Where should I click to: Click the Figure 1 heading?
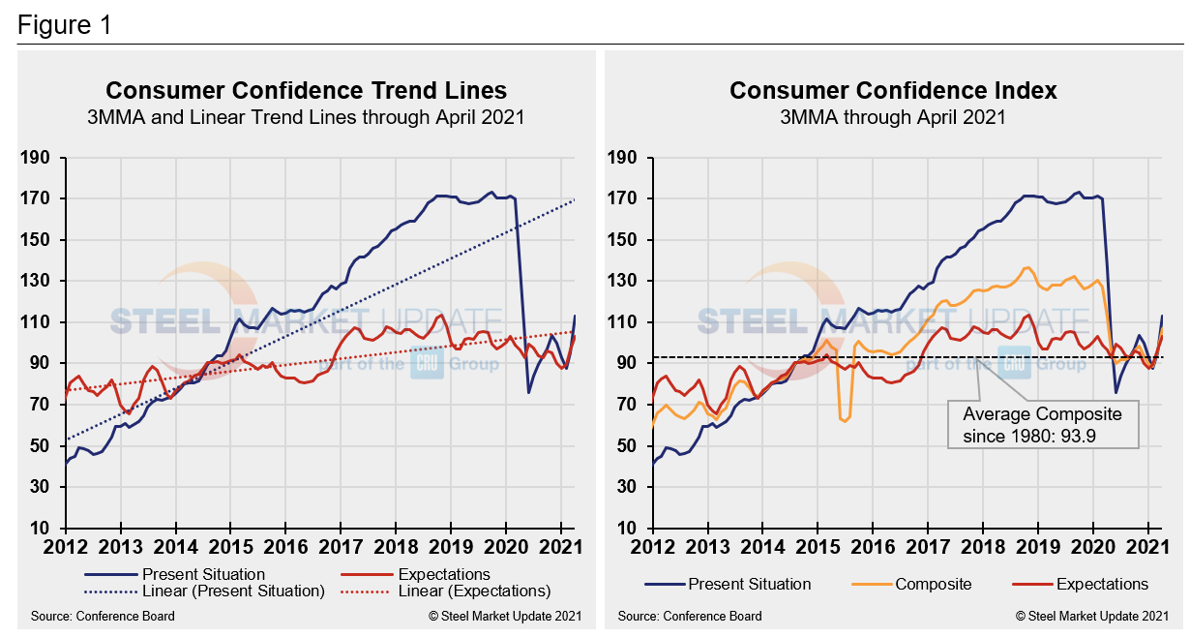click(64, 26)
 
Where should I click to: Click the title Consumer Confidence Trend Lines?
click(306, 90)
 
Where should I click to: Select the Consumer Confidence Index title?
click(893, 90)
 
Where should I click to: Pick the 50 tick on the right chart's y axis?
click(625, 446)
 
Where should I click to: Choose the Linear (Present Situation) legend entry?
click(233, 591)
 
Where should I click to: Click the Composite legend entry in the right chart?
click(933, 584)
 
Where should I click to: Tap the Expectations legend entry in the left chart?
click(430, 574)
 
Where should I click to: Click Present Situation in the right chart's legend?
click(749, 584)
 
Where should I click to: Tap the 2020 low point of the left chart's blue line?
click(528, 392)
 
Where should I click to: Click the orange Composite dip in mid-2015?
click(845, 418)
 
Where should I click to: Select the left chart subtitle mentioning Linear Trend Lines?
click(306, 117)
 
